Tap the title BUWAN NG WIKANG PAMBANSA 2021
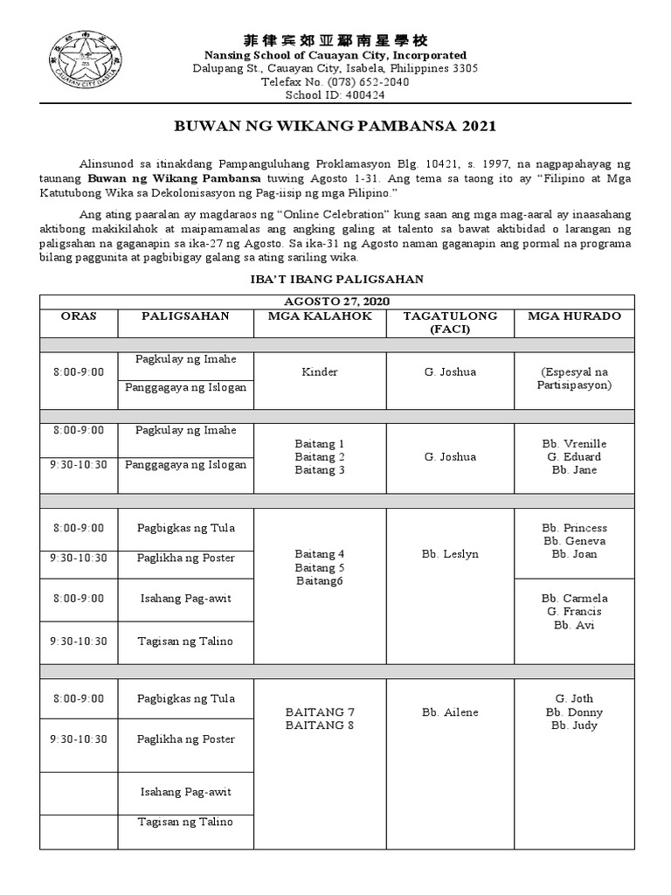pos(335,126)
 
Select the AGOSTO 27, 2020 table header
pos(336,302)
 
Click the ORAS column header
pos(78,316)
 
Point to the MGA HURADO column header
pos(574,316)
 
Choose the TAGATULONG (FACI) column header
pos(450,322)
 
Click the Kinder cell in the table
pos(320,372)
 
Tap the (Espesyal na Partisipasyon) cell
pos(574,378)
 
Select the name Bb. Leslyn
pos(450,554)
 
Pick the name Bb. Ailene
pos(450,712)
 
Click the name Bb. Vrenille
pos(574,443)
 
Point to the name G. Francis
pos(574,612)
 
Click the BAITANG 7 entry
pos(320,711)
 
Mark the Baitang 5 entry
pos(320,567)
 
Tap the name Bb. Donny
pos(574,712)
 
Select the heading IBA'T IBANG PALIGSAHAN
pos(336,279)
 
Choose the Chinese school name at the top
pos(335,41)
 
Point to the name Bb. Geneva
pos(574,541)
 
